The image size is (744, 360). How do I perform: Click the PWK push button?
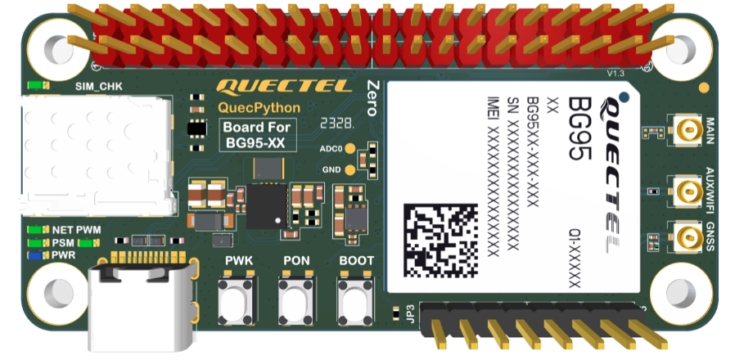point(239,299)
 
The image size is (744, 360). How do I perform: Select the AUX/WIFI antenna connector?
point(685,191)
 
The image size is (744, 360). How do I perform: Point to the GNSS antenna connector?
point(685,237)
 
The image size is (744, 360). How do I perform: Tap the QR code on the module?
point(440,241)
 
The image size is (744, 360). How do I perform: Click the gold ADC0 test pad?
point(350,149)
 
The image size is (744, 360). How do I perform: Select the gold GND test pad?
point(350,170)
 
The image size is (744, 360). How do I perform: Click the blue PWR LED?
point(35,255)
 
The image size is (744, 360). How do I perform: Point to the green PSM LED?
point(35,243)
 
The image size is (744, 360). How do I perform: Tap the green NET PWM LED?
point(35,230)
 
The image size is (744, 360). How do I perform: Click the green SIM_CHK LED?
point(34,85)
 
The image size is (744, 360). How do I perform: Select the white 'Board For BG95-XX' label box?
point(255,135)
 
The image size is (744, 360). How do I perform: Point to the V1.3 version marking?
point(615,74)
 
